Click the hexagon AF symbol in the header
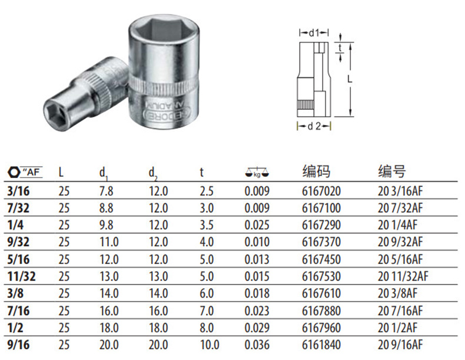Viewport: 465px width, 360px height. [x=25, y=172]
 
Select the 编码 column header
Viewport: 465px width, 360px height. [x=316, y=171]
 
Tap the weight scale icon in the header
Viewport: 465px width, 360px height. [x=257, y=173]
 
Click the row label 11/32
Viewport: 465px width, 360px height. [x=21, y=276]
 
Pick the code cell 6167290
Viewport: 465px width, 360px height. [x=321, y=225]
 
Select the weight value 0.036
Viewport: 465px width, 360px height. [x=257, y=345]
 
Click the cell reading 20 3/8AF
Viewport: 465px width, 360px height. [x=397, y=293]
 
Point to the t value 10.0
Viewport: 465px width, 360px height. [x=210, y=345]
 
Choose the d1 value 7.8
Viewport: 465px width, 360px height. [x=106, y=191]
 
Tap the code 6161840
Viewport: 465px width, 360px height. [x=321, y=345]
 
